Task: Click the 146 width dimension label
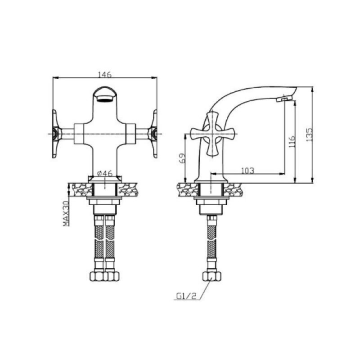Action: (105, 75)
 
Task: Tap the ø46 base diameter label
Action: (105, 173)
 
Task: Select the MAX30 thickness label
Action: (66, 213)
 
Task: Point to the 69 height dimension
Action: (182, 158)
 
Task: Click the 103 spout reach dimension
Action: (248, 171)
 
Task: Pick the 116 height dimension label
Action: (292, 141)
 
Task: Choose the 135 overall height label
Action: (309, 135)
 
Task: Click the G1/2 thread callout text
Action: (186, 296)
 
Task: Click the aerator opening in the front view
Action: (105, 99)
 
